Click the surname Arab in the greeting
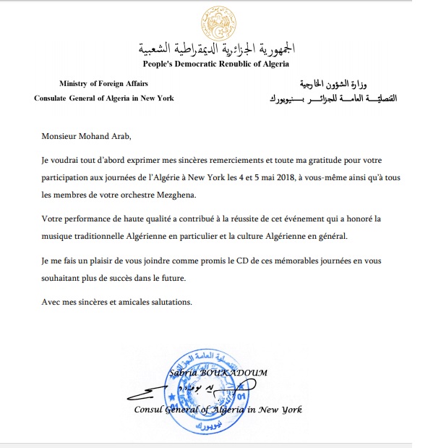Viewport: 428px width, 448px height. click(x=134, y=135)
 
